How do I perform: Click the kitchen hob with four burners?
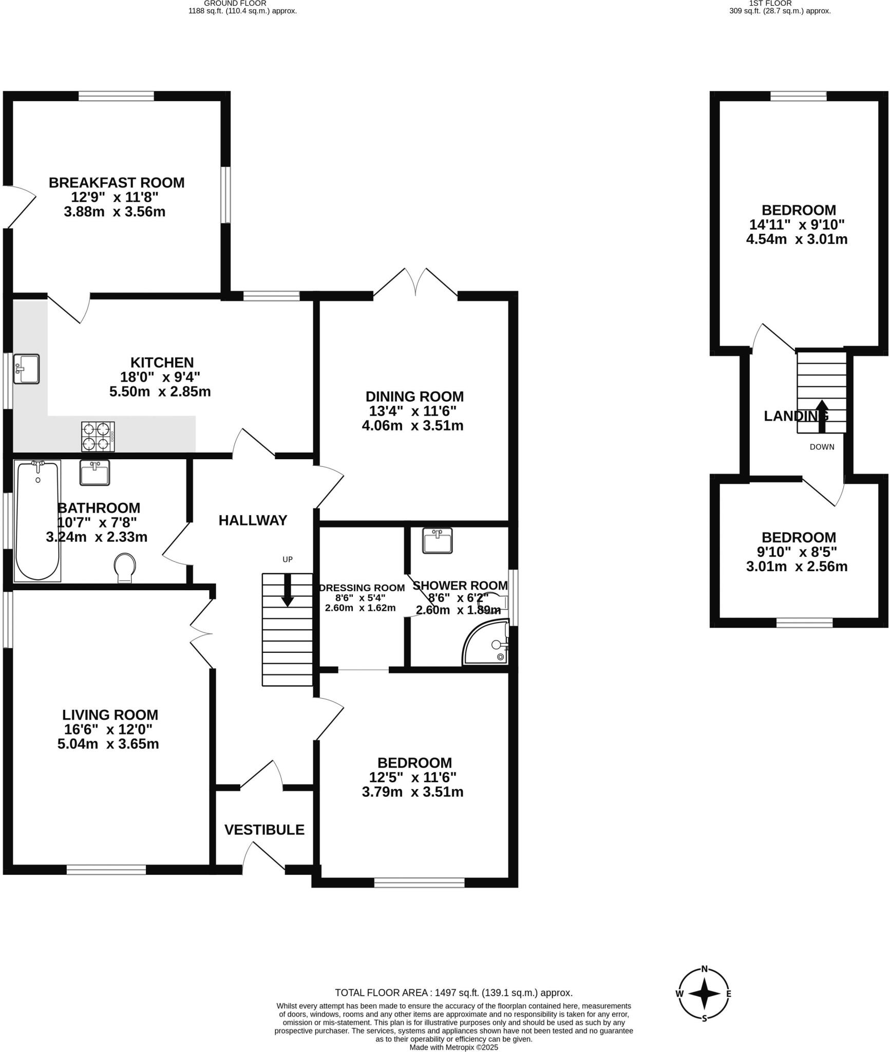point(98,436)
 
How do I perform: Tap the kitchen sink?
point(26,368)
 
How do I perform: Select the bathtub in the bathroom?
point(37,520)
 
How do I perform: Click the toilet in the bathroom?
point(125,567)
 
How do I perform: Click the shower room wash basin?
point(437,540)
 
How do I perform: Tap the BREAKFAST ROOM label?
point(117,182)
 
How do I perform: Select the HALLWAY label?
point(253,520)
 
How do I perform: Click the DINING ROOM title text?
point(414,397)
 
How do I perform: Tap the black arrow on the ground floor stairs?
point(288,590)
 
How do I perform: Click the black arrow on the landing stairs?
point(822,415)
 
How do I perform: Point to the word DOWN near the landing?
point(822,447)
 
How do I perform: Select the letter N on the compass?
point(705,969)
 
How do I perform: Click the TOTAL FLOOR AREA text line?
point(453,993)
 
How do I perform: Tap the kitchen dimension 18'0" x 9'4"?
point(160,377)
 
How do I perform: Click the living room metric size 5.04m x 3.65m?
point(108,744)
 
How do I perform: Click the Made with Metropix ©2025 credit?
point(453,1047)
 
